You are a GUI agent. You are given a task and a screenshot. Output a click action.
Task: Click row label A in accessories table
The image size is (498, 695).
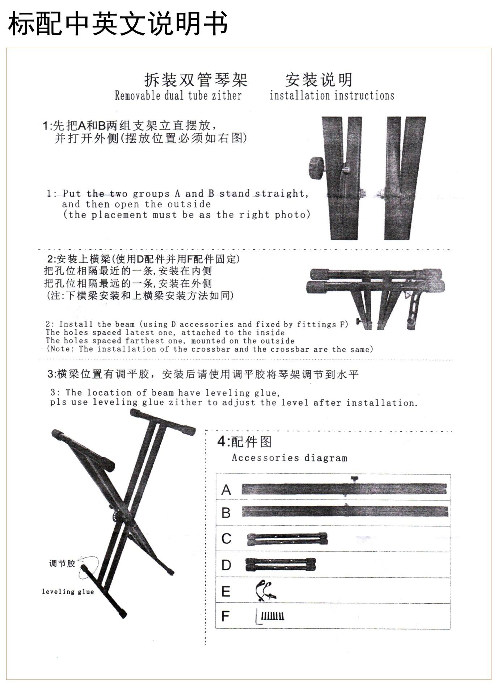click(x=226, y=490)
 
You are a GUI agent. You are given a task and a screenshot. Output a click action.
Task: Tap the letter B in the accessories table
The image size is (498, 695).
click(x=226, y=513)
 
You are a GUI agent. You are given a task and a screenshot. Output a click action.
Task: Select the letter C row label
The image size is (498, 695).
click(x=226, y=539)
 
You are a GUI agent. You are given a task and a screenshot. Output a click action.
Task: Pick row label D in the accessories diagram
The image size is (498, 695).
click(x=226, y=565)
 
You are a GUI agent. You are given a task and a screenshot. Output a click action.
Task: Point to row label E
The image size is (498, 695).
click(x=226, y=591)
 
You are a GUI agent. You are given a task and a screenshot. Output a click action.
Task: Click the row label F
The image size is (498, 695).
click(x=225, y=616)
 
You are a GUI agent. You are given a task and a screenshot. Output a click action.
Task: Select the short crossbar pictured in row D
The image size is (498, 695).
click(x=280, y=564)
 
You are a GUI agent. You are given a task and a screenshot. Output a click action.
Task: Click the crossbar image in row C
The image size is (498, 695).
click(x=287, y=539)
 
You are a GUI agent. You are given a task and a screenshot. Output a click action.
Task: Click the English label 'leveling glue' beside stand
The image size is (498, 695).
click(x=68, y=592)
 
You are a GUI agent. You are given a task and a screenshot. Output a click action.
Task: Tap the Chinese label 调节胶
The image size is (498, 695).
click(x=62, y=563)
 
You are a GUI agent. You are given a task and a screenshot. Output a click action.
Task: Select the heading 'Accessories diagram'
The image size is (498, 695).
click(x=290, y=458)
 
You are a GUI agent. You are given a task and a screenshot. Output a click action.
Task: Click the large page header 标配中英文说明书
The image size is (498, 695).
click(x=118, y=24)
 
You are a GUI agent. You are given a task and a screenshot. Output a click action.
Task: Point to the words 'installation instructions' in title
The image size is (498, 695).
click(x=332, y=96)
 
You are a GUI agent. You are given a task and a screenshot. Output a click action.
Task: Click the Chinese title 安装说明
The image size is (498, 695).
click(x=319, y=80)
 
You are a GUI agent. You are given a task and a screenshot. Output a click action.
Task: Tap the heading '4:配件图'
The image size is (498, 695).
click(x=244, y=442)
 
